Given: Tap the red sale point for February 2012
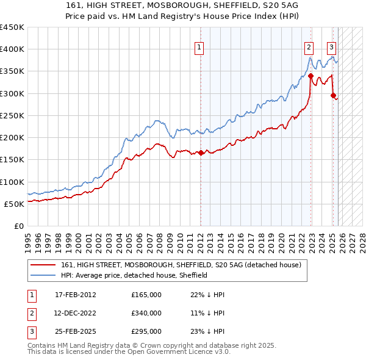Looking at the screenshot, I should pyautogui.click(x=201, y=153).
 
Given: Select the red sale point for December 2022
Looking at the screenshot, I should pyautogui.click(x=310, y=76).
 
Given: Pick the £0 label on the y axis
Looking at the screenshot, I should pyautogui.click(x=19, y=226).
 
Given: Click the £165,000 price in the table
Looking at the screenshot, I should pyautogui.click(x=146, y=295).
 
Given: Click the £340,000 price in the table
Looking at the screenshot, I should pyautogui.click(x=146, y=313).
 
